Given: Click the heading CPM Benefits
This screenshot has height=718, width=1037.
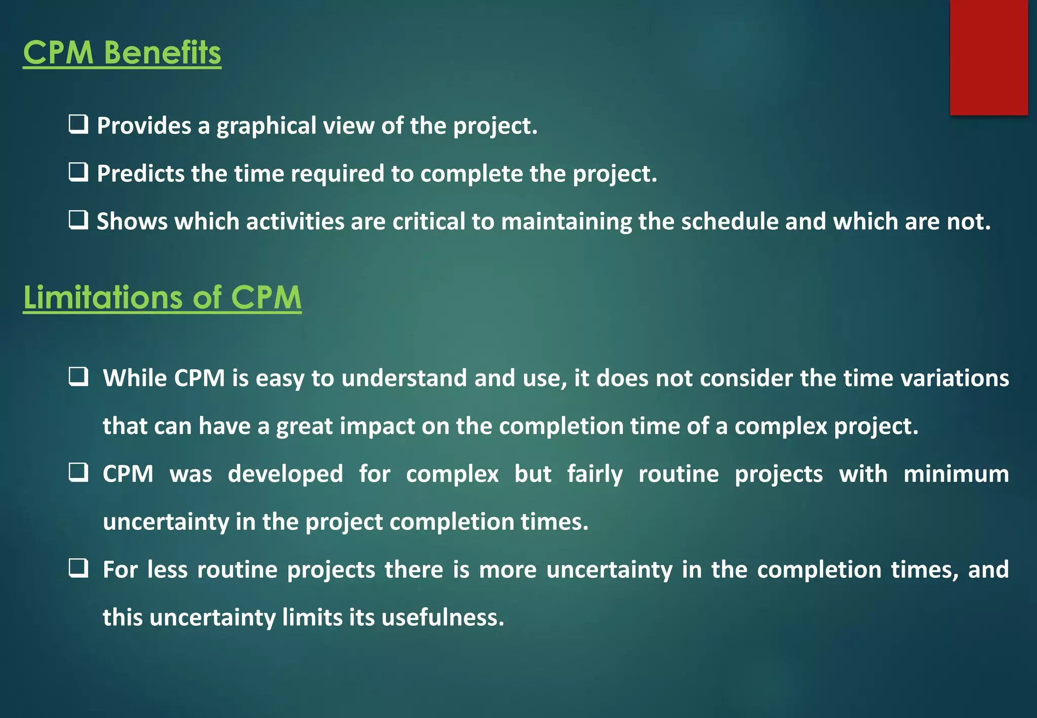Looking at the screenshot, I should click(122, 53).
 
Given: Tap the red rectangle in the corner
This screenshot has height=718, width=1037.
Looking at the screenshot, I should click(988, 57).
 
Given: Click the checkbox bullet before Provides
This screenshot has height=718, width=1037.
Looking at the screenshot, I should click(78, 124).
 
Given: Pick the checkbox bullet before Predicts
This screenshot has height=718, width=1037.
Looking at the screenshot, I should click(78, 172).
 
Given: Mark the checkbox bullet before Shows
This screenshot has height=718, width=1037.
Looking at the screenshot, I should click(78, 220).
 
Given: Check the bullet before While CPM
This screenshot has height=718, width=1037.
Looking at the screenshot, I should click(78, 377).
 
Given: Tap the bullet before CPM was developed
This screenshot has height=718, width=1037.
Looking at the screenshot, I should click(78, 472).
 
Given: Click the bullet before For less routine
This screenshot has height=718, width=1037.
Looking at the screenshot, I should click(78, 568).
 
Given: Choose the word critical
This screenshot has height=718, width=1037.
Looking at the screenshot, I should click(428, 222).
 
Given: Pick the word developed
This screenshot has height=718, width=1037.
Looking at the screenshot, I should click(285, 474).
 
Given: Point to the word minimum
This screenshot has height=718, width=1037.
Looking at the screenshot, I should click(956, 474).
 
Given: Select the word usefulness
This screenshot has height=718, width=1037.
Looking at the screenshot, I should click(443, 618).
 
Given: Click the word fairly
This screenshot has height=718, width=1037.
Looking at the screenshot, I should click(594, 474).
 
